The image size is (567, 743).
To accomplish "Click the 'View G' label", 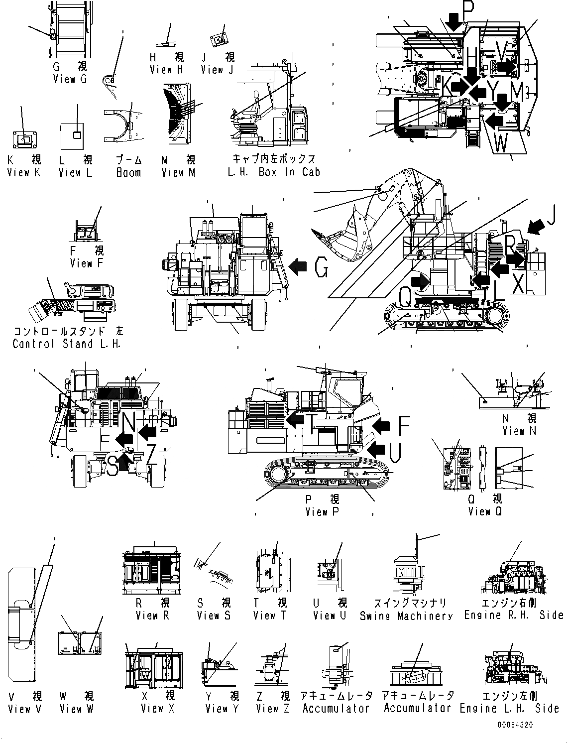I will coord(70,79).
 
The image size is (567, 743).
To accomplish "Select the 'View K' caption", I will coord(24,173).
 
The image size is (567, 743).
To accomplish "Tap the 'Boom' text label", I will coord(128,173).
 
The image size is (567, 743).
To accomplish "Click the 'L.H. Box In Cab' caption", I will coord(274,172).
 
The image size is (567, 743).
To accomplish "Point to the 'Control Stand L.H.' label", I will coord(67,344).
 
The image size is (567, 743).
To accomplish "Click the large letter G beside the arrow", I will coord(322,269).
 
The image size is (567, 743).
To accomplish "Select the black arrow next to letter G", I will coord(298,267).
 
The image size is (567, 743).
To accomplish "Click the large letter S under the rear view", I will coord(113,467).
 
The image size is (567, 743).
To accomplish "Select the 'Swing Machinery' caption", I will coord(406,616).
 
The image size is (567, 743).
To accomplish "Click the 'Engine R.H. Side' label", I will coord(514,615).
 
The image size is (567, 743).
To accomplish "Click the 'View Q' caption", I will coord(479,511).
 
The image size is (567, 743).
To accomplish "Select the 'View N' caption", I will coord(519,431).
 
